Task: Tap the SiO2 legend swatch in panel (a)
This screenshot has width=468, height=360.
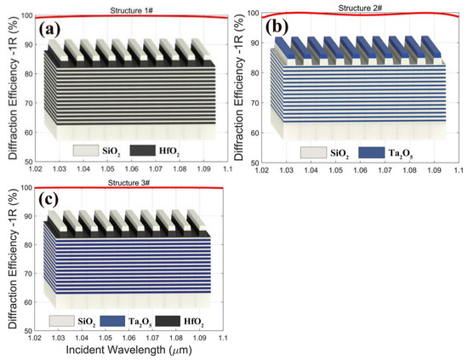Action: coord(62,150)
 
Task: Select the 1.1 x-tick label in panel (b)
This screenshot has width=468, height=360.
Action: coord(458,169)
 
